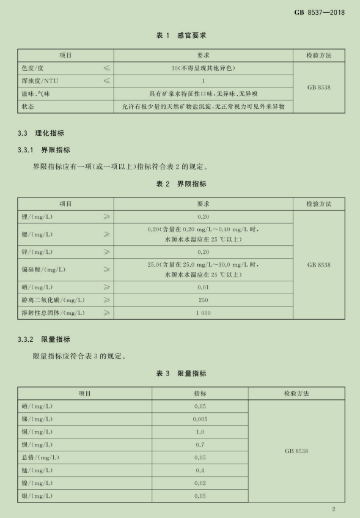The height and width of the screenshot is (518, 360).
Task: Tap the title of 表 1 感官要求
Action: coord(180,36)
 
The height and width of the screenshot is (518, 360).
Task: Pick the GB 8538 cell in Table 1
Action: coord(319,87)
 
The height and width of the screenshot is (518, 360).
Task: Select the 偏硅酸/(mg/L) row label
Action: coord(43,269)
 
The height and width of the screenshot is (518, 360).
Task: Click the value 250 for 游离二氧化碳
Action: coord(204,300)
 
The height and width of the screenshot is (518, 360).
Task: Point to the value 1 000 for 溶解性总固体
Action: coord(204,313)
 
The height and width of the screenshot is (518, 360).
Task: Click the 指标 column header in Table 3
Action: coord(200,393)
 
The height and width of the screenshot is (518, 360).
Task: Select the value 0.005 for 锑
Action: coord(200,419)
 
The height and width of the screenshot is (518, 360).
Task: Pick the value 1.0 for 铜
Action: coord(200,432)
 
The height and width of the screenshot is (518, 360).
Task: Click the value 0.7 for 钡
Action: coord(200,445)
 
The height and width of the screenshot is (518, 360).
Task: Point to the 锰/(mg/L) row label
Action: coord(37,470)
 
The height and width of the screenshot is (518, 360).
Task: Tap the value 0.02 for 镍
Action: coord(200,483)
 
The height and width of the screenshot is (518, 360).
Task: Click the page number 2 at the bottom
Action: coord(334,509)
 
